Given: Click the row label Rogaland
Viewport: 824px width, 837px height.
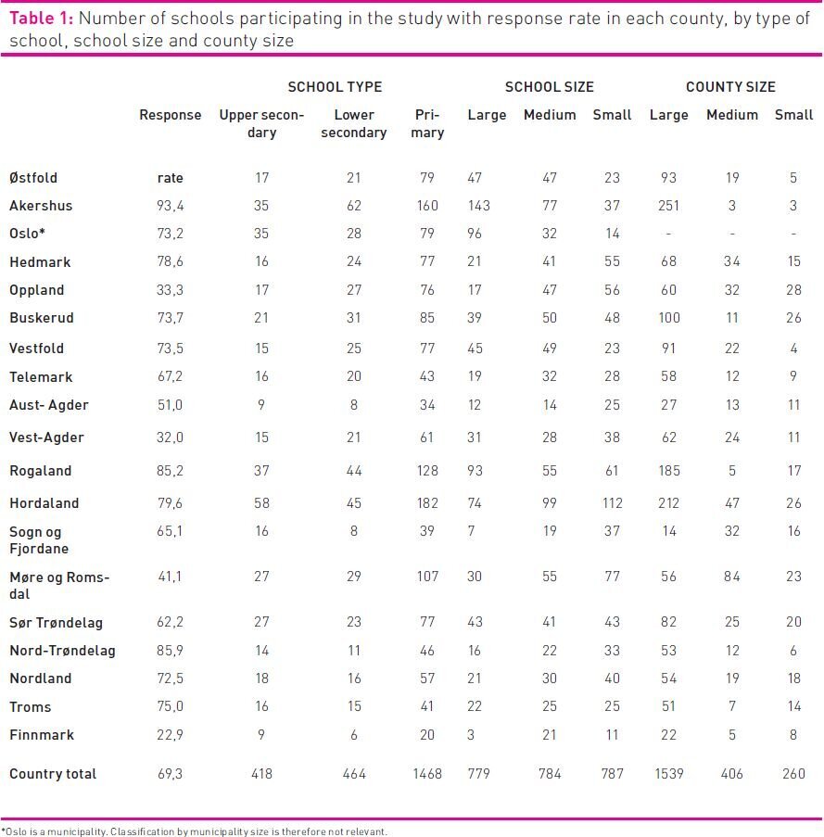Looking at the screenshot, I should point(40,471).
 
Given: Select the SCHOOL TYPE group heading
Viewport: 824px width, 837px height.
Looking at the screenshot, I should point(335,87).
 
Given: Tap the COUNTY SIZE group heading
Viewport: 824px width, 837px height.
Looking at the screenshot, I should point(730,87).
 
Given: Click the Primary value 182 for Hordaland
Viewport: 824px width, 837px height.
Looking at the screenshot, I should point(428,503).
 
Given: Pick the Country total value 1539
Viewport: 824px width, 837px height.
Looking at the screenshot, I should point(668,774).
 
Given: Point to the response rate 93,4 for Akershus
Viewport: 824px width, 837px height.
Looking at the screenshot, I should point(170,206).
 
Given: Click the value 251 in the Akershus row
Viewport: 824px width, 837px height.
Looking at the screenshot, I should point(668,206).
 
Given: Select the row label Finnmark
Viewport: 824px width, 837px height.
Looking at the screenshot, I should point(41,735).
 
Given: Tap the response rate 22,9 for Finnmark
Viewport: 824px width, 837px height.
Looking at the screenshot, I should point(170,735).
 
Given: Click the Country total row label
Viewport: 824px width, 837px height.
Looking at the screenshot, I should point(53,774).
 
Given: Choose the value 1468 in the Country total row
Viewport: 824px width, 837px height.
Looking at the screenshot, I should point(427,774).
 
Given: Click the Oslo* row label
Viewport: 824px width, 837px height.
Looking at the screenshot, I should point(27,234).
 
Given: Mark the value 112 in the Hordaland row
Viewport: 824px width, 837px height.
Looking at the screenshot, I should point(612,503).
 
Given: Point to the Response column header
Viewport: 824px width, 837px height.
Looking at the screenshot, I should point(170,115).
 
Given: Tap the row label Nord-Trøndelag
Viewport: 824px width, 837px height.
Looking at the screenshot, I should point(62,651).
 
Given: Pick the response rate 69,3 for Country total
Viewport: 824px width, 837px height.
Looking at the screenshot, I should point(170,774).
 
